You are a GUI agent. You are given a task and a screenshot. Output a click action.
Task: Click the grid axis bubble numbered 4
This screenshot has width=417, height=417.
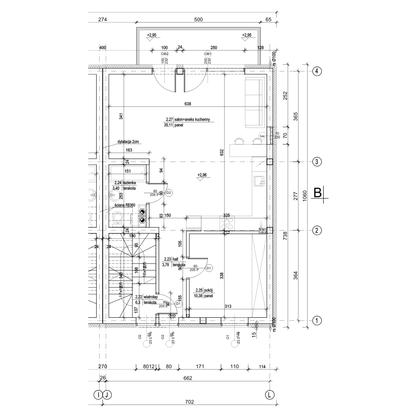point(317,71)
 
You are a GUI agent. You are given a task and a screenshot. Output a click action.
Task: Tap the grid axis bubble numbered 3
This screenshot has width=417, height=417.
point(317,162)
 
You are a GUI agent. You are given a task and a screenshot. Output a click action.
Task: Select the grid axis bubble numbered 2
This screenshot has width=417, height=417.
point(317,230)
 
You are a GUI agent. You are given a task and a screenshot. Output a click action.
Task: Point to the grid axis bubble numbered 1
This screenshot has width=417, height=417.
point(317,321)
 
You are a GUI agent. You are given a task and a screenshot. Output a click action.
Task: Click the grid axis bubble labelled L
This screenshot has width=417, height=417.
point(271,394)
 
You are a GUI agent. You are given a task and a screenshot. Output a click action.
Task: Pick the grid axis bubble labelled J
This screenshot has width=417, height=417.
point(107,394)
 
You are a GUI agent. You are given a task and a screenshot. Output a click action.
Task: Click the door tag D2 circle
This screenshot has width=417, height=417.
point(169,193)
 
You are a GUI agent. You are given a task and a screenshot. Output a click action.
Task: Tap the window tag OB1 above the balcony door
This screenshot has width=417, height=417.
point(207,54)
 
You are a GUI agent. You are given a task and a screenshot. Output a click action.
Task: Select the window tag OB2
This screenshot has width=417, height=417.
point(165,54)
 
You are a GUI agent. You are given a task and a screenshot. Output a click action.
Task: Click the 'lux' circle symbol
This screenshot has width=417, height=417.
point(262,136)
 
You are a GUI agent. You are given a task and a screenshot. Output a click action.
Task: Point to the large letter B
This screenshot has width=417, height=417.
point(318,193)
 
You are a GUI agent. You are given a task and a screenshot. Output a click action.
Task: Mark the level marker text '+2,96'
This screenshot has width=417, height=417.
point(202,175)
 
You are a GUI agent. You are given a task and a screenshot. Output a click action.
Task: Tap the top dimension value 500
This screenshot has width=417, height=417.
point(198,20)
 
